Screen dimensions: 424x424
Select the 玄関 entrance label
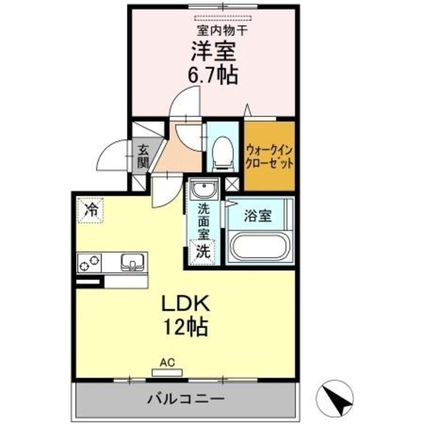click(x=143, y=155)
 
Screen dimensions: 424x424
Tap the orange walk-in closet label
click(x=269, y=156)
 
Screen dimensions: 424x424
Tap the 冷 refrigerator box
click(x=91, y=209)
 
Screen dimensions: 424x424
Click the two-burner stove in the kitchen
click(x=89, y=262)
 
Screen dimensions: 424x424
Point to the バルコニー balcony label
click(x=185, y=400)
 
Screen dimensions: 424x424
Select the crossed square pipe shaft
click(x=233, y=183)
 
